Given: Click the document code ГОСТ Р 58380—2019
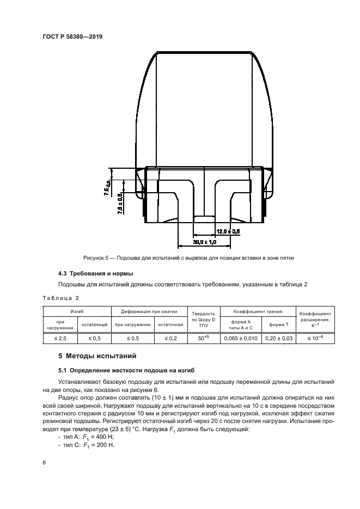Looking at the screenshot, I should (72, 36).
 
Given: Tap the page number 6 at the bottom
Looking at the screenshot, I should (44, 462).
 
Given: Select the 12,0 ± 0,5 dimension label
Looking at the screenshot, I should (228, 231).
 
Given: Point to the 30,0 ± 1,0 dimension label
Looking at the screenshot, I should (205, 241).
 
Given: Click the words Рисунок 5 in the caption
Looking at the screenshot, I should (97, 257).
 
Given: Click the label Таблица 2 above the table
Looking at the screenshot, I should (60, 298).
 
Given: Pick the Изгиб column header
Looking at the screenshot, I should (76, 311).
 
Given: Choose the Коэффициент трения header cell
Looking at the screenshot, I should (258, 311).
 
